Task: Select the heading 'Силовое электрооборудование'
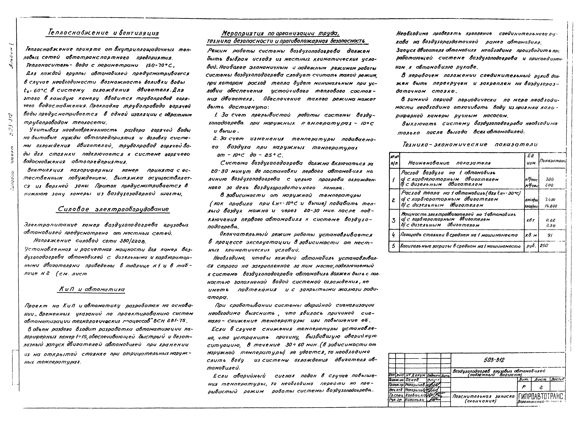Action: [x=113, y=209]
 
